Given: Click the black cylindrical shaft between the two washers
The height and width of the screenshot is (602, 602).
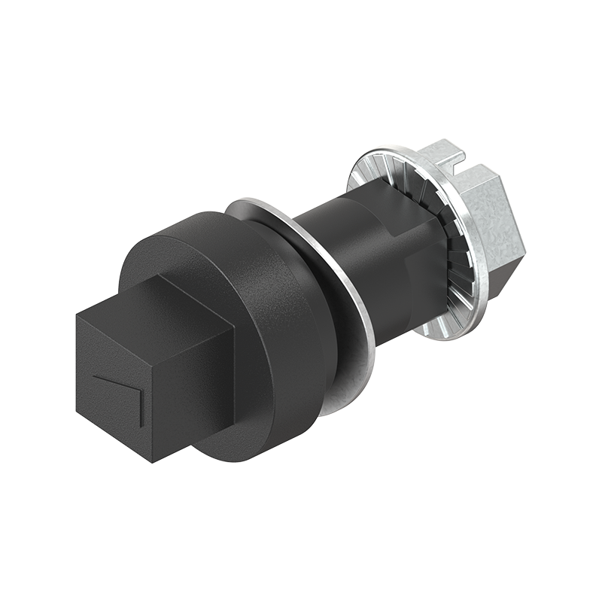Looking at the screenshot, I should point(354,248).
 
